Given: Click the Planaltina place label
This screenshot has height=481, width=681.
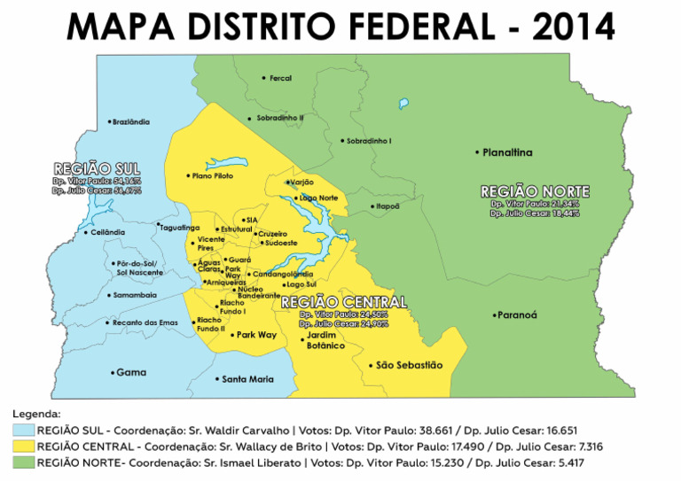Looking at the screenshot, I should pos(507,152).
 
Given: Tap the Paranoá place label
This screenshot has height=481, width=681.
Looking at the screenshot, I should pos(517,314).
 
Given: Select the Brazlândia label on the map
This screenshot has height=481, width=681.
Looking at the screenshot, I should pos(131,122).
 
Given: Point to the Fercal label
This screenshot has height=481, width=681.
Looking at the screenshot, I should pos(280,78).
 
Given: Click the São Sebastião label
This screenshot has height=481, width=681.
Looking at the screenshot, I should pos(409,365).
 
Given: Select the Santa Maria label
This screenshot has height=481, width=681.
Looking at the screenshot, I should pos(247,379).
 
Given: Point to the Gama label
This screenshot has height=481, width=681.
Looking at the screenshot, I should pos(130,372).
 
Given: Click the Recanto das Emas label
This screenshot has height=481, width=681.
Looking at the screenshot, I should pos(145,322).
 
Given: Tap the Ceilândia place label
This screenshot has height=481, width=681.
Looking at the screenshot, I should pos(108,232).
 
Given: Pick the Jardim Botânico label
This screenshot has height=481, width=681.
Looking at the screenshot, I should pos(326,340).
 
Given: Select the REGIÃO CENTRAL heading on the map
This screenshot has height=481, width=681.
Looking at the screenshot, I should pos(343,302).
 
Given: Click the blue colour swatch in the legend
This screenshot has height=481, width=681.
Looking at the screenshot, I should pos(23,430).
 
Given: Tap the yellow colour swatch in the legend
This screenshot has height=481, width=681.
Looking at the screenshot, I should pos(23,446).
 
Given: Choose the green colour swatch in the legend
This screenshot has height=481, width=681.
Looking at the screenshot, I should pos(23,463).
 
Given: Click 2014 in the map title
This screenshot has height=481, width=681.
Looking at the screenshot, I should pos(573,27).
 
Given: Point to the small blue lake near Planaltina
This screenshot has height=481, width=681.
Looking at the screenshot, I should pos(404,104).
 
